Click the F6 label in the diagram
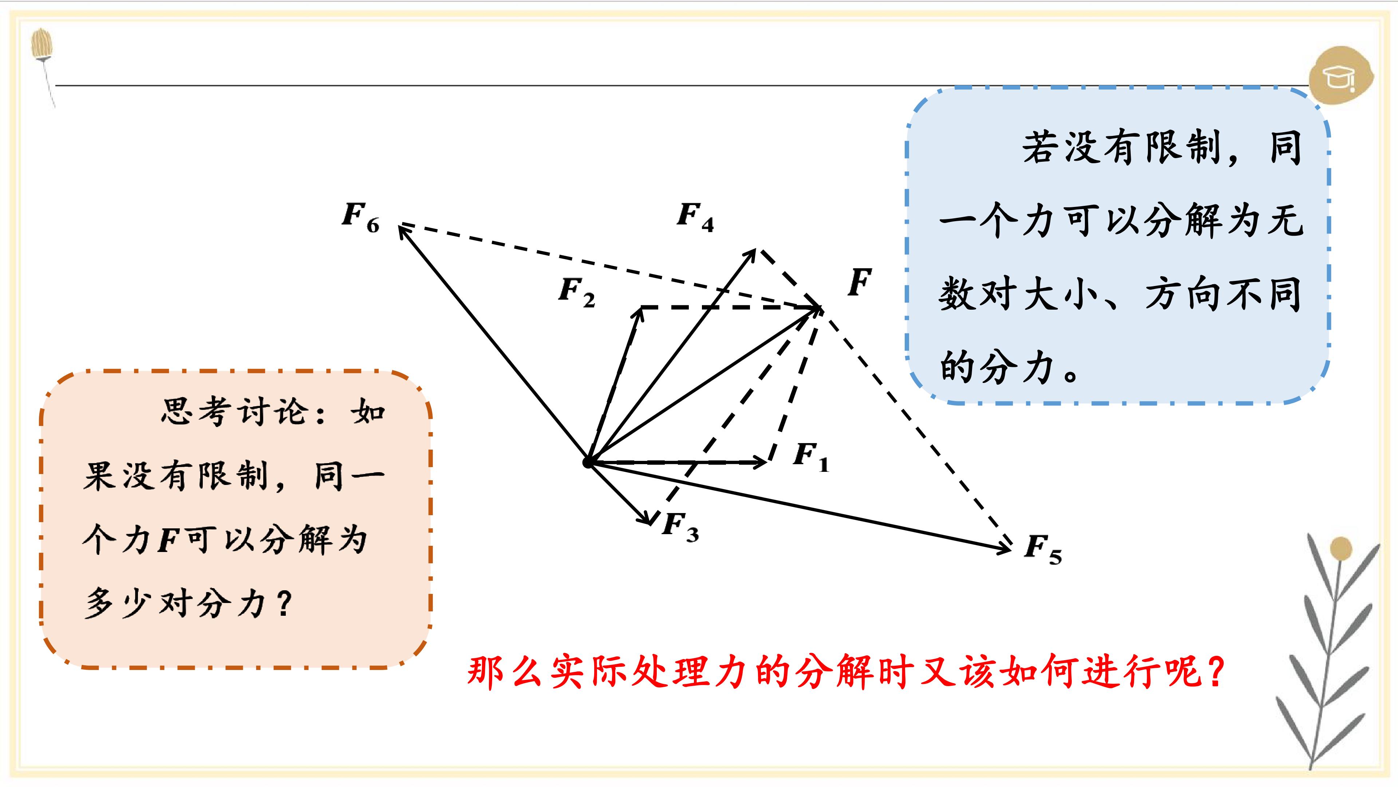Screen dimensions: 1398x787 (361, 217)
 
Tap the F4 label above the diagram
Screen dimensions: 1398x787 (695, 217)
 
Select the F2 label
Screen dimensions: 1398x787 (577, 292)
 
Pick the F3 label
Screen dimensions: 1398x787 (680, 527)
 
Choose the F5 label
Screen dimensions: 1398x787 (1043, 550)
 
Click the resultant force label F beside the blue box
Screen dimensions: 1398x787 (860, 282)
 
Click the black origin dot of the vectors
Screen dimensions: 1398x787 (588, 463)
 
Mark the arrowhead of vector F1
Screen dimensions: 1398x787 (766, 462)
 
